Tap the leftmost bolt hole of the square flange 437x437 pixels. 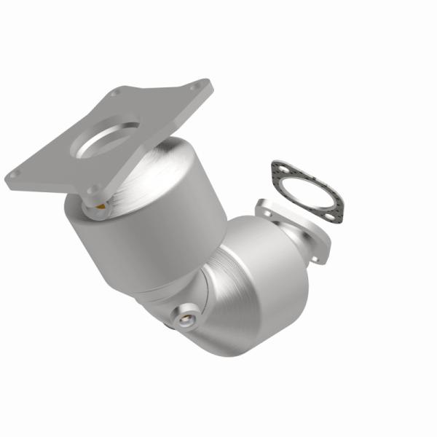[x=13, y=175]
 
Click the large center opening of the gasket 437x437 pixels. [x=306, y=191]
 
